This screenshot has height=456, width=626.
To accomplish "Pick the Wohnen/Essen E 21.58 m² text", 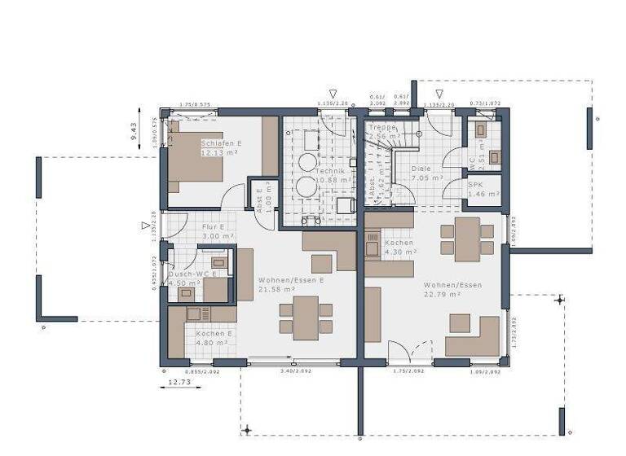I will [x=292, y=284].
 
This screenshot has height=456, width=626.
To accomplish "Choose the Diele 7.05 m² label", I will [x=426, y=173].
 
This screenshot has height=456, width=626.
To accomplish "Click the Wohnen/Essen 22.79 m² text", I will [x=452, y=290].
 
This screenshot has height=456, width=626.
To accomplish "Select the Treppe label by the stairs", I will [x=381, y=132].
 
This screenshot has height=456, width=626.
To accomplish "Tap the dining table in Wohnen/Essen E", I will [x=306, y=318].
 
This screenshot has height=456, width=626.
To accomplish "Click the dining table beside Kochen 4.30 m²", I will [x=467, y=239].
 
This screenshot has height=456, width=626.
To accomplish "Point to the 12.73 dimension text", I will [x=179, y=381].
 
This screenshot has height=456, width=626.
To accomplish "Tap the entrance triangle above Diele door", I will [x=439, y=94].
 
